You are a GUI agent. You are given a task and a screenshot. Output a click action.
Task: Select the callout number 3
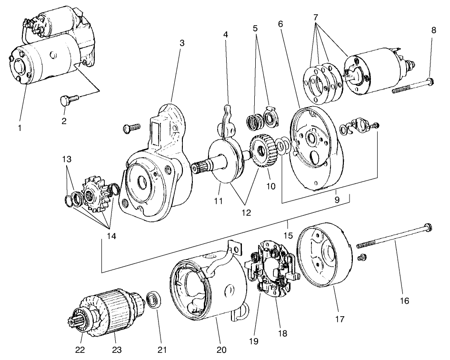point(181,43)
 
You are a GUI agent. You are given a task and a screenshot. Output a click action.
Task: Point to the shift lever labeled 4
point(227,120)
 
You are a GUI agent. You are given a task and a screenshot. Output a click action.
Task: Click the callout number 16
point(404,300)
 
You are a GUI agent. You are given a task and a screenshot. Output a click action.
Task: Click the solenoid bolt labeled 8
point(412,88)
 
